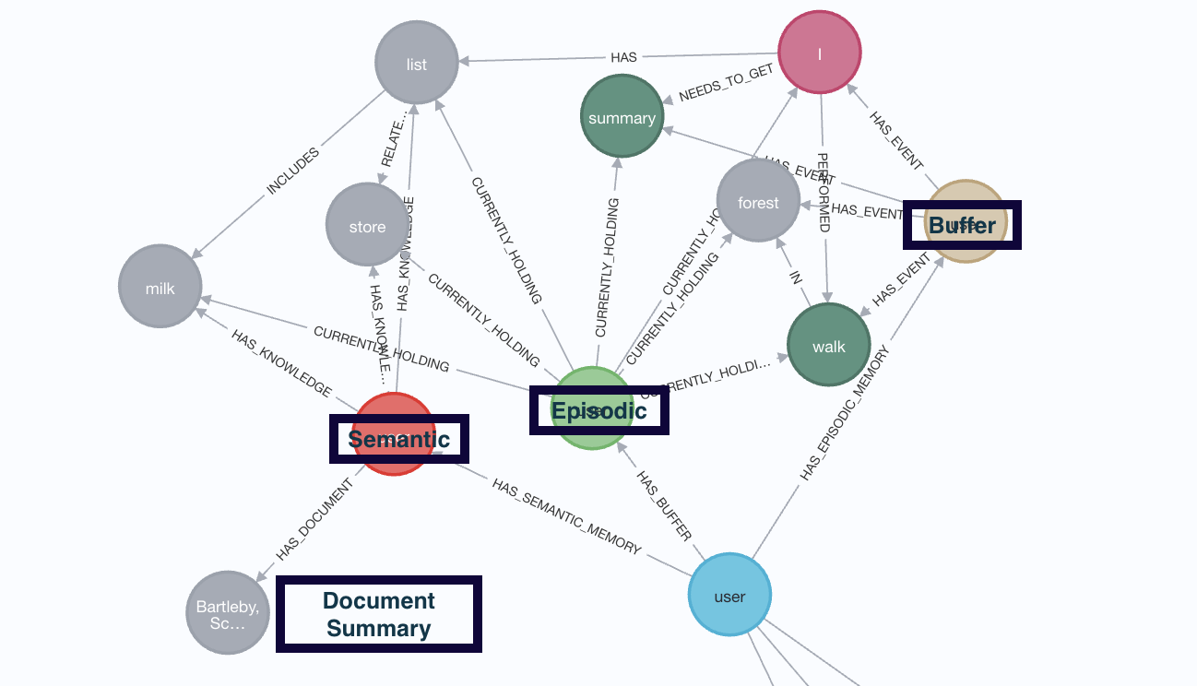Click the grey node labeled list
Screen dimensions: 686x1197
coord(417,64)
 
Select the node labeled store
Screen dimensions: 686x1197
coord(367,226)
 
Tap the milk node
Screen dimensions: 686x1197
coord(160,287)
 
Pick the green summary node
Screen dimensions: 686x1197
coord(622,117)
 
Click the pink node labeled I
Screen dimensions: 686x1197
coord(820,53)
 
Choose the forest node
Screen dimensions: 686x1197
coord(758,202)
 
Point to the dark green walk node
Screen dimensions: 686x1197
coord(828,346)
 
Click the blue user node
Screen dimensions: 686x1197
coord(729,595)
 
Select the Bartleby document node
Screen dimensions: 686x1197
coord(227,611)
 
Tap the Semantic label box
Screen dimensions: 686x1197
coord(399,439)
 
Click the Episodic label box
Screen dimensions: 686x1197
coord(598,410)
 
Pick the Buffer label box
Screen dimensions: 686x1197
coord(962,225)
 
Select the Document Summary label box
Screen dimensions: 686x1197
coord(379,614)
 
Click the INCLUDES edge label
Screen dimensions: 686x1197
coord(293,171)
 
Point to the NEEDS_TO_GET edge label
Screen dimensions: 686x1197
coord(726,85)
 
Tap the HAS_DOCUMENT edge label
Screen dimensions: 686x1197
coord(314,520)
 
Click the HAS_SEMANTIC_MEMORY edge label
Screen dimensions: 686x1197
coord(566,515)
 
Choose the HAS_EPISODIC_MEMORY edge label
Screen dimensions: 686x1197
coord(846,413)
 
